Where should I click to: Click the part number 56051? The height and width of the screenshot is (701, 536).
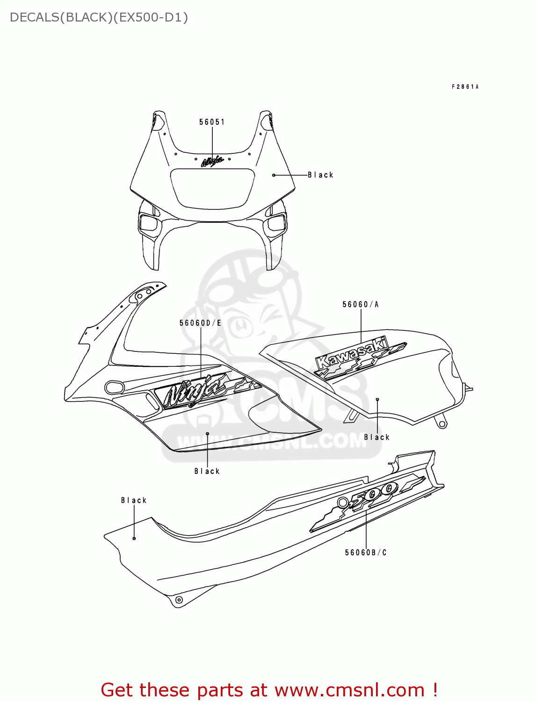click(x=212, y=122)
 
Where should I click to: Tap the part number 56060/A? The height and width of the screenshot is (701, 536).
click(x=360, y=304)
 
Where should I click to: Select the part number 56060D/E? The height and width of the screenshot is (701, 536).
click(x=200, y=323)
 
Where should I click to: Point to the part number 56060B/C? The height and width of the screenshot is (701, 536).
click(x=366, y=552)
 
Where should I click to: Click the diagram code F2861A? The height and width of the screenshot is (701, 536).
click(x=465, y=86)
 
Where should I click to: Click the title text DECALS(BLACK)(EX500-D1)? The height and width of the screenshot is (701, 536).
click(x=99, y=17)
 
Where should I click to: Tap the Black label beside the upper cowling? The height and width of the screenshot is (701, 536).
click(x=320, y=175)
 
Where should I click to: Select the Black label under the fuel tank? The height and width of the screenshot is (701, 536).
click(x=377, y=437)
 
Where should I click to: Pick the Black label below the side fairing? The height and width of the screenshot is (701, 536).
click(x=207, y=471)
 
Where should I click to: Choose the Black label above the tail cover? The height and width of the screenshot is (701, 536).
click(x=134, y=500)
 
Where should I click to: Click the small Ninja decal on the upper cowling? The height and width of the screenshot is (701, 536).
click(x=212, y=161)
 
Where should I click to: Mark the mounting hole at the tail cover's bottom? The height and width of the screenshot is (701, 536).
click(x=178, y=600)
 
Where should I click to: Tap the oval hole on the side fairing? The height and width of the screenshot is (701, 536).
click(x=114, y=387)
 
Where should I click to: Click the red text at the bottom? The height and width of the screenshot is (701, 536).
click(x=269, y=690)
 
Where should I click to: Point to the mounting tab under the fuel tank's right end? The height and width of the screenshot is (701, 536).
click(x=441, y=423)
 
